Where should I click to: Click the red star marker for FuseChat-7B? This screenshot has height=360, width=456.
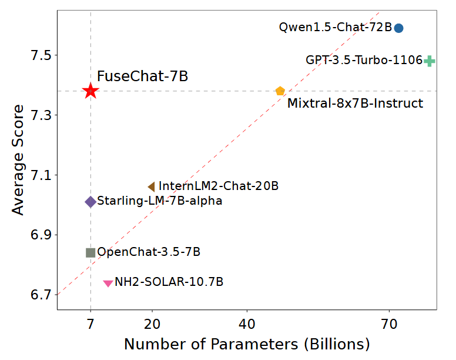90,91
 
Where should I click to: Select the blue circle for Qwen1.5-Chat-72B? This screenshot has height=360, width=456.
398,28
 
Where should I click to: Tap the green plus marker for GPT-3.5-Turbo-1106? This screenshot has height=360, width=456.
430,61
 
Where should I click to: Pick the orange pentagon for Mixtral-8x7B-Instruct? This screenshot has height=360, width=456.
280,91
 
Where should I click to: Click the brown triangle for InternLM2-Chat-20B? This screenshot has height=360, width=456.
151,186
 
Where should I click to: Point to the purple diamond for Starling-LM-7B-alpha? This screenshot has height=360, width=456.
90,202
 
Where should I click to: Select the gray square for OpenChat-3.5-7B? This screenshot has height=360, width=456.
90,252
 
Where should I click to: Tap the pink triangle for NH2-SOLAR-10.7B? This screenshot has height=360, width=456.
108,284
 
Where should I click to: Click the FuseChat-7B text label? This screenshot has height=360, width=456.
142,76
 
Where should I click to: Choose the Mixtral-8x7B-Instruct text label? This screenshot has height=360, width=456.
355,104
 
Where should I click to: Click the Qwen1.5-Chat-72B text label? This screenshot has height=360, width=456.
335,27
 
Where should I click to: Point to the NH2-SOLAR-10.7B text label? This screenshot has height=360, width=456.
169,282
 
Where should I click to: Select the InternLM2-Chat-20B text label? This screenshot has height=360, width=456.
219,186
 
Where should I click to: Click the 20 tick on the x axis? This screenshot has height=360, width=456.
152,323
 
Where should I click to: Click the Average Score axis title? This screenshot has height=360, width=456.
18,160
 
